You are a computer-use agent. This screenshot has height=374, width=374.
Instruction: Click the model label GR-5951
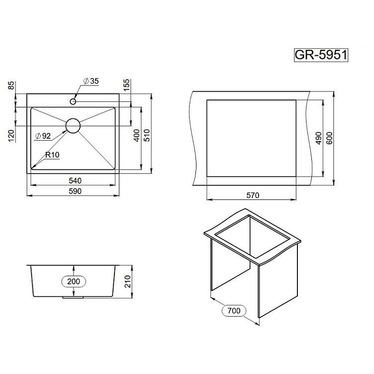(321, 55)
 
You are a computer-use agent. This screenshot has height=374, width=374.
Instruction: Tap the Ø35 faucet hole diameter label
(91, 81)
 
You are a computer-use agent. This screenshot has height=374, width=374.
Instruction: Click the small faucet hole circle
(73, 101)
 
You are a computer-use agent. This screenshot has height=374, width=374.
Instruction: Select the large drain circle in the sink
(73, 126)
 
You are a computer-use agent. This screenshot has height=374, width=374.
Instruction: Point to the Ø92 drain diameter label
(43, 136)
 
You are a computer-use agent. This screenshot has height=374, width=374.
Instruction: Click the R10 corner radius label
(52, 155)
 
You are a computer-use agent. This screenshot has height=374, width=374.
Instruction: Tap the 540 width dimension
(75, 181)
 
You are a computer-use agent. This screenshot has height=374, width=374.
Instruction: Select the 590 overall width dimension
(75, 191)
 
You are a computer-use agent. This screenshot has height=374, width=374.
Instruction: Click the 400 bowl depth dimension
(137, 135)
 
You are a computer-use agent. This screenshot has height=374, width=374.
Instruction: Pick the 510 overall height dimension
(147, 135)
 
